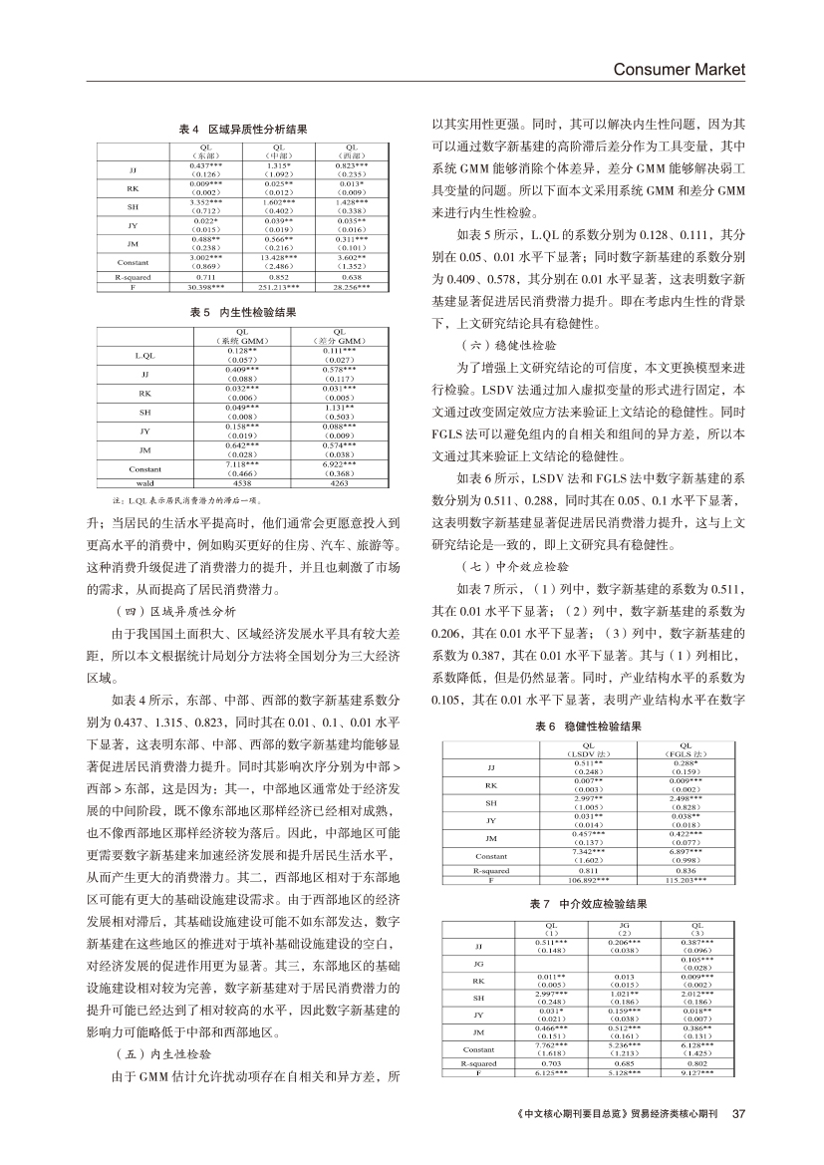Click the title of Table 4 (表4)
243,130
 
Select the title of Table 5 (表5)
243,312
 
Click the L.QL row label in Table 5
144,355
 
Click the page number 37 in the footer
738,1113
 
